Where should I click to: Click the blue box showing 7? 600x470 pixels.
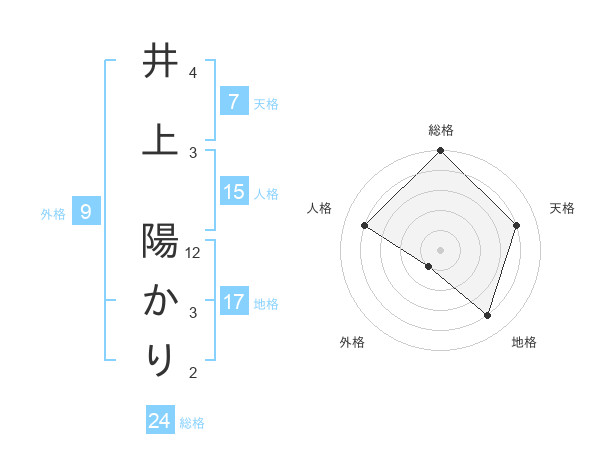[233, 101]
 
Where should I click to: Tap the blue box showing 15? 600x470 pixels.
[233, 192]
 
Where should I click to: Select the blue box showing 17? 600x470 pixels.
[233, 302]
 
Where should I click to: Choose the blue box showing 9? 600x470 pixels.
[86, 211]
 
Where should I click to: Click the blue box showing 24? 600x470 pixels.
[159, 421]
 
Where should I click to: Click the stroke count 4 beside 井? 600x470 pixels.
[193, 73]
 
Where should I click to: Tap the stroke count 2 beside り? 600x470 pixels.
[193, 373]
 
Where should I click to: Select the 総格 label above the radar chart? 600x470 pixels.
[441, 130]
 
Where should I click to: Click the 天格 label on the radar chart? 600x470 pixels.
[562, 208]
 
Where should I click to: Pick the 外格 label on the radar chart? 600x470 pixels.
[352, 342]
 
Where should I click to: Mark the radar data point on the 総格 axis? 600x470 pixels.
[441, 151]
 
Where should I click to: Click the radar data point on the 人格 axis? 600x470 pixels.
[365, 226]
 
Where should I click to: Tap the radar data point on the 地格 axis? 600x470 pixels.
[487, 315]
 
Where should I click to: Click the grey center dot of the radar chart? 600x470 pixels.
[441, 249]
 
